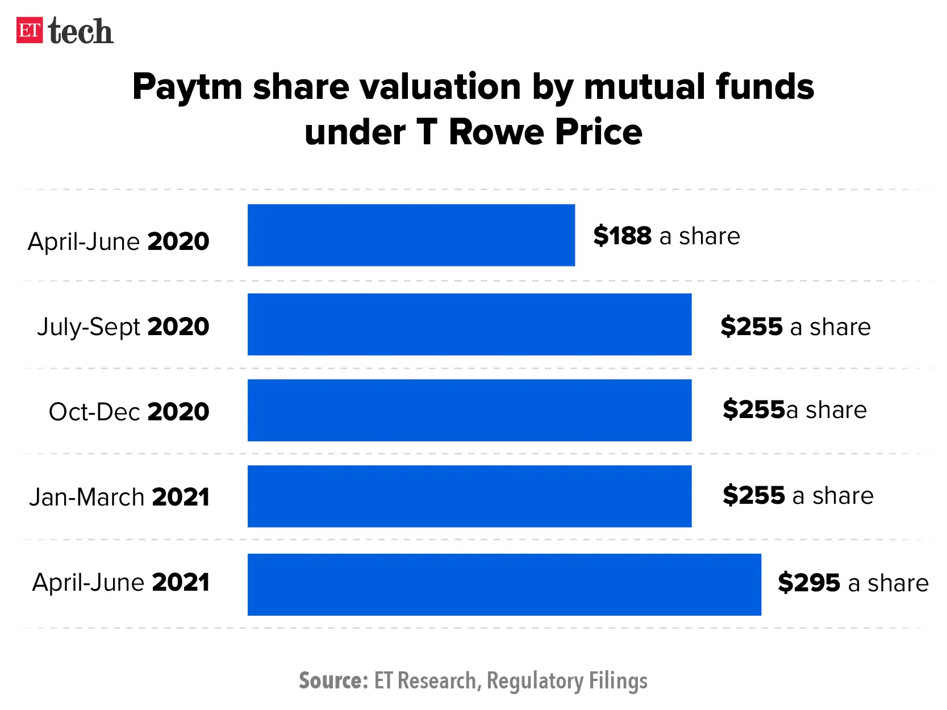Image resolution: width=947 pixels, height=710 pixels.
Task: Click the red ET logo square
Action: click(x=29, y=30)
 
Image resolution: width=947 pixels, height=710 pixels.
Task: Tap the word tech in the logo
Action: click(x=81, y=31)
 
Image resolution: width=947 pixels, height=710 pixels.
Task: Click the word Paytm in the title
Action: click(x=187, y=87)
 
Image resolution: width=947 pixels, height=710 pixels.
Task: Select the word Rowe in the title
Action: click(x=497, y=132)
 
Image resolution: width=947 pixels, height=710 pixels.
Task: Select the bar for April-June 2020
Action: click(x=411, y=235)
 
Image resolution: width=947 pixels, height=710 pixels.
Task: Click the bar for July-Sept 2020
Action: click(x=469, y=324)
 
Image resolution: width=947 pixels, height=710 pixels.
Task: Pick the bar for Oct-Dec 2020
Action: click(x=469, y=410)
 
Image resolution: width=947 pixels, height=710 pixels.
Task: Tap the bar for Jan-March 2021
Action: click(x=469, y=496)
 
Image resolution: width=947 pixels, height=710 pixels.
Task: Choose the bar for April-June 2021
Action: click(x=504, y=584)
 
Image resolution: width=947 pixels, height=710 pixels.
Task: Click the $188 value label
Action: click(x=622, y=236)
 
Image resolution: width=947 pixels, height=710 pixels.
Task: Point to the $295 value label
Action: click(x=808, y=583)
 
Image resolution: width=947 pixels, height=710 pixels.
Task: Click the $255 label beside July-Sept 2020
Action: click(x=752, y=327)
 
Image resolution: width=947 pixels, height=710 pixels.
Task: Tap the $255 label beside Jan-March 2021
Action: click(x=753, y=495)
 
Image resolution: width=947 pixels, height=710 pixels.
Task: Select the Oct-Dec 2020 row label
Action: click(x=129, y=412)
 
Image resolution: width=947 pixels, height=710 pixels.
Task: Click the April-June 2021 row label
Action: click(x=120, y=583)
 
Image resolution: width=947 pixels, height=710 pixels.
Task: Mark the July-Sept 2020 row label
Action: click(x=123, y=327)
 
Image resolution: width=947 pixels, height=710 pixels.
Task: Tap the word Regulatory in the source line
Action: click(x=535, y=680)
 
